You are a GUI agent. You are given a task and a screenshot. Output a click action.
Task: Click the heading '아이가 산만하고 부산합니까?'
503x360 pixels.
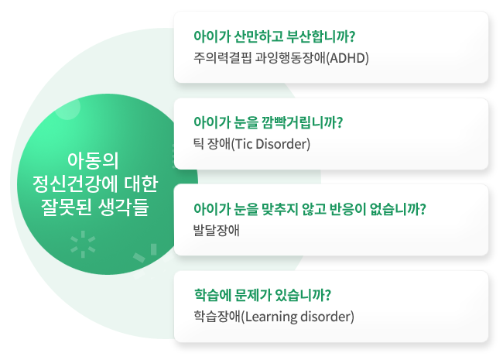click(x=274, y=36)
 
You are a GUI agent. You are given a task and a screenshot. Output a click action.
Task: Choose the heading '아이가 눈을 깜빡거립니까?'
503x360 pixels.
click(x=269, y=122)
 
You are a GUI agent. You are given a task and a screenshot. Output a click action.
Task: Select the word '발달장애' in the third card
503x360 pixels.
click(x=217, y=230)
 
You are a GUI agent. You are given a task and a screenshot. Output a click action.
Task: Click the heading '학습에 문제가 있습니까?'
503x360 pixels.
click(x=262, y=295)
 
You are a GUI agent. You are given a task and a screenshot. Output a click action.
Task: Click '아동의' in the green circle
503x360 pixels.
click(x=93, y=160)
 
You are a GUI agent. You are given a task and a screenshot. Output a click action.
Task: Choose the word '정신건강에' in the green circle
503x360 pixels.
click(x=76, y=183)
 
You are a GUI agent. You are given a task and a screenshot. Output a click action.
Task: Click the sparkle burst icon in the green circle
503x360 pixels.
click(x=83, y=245)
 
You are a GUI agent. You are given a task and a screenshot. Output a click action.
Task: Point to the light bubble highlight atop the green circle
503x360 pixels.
click(x=67, y=108)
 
